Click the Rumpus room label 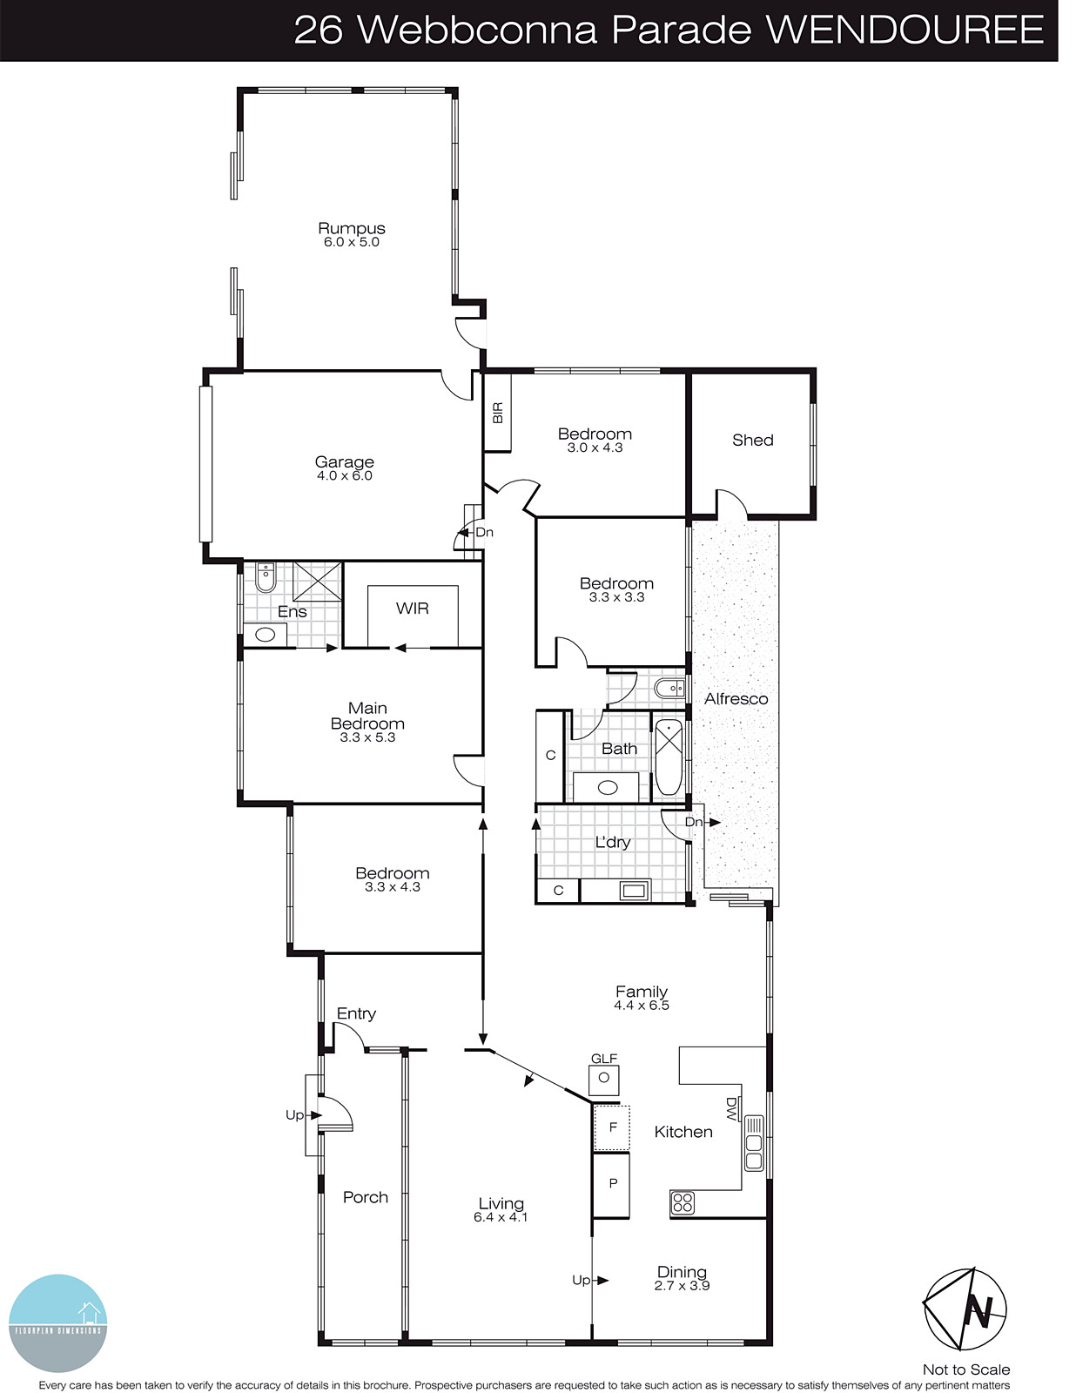351,229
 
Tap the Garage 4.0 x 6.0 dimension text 344,476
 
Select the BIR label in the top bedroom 498,413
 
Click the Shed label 752,441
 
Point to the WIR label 412,609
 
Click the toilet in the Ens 266,576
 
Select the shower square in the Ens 317,582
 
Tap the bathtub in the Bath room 669,756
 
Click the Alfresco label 736,699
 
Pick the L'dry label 612,843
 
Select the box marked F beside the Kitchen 612,1127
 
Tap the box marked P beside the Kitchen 612,1184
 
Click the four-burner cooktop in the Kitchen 683,1203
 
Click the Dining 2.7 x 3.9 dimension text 682,1286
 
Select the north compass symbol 965,1309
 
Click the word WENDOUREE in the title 905,30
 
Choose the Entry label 356,1013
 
